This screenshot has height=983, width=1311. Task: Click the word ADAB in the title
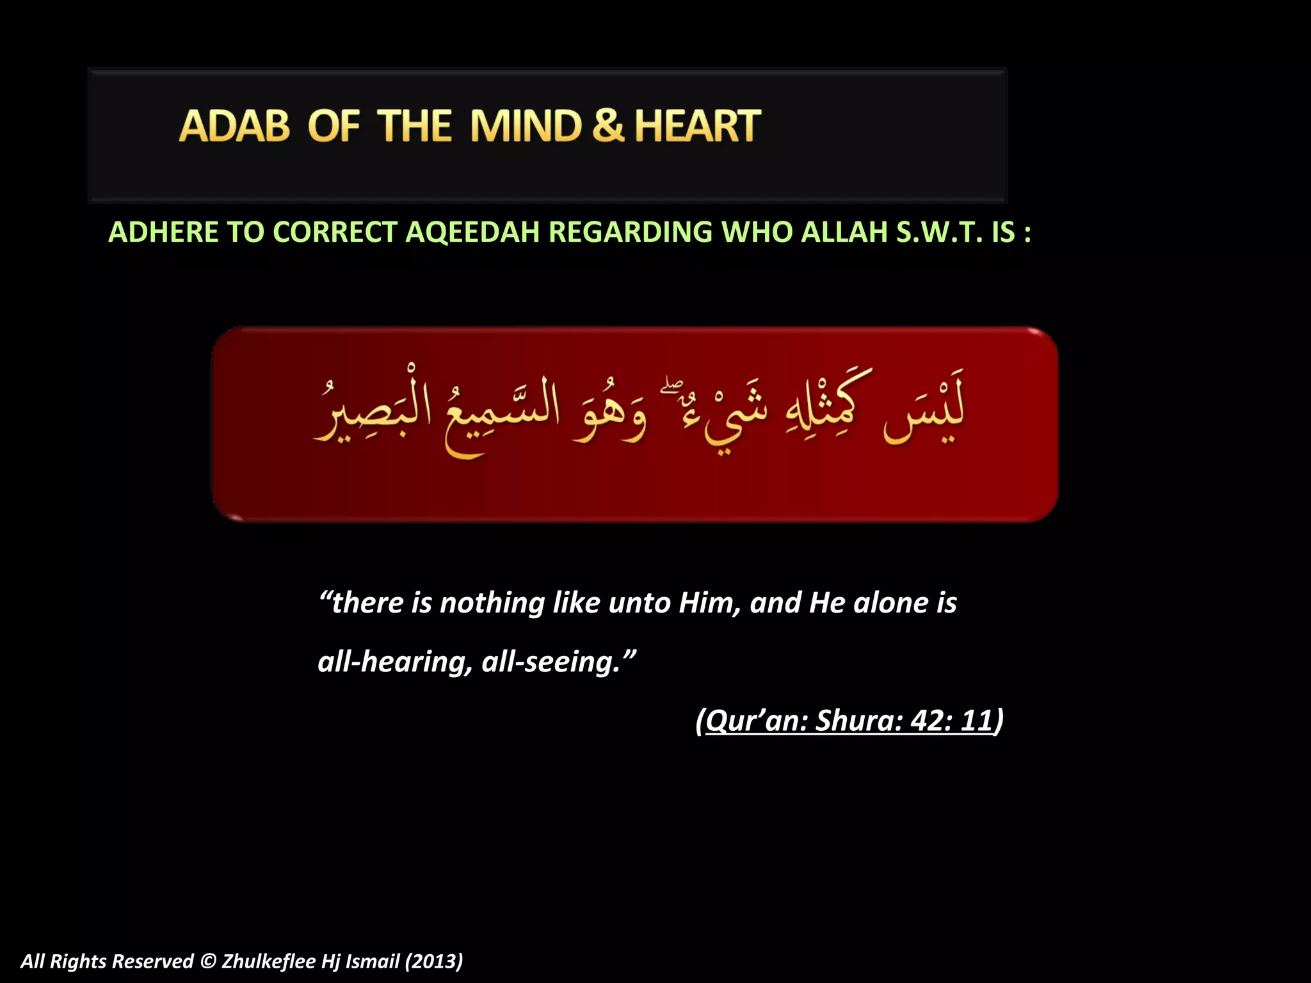[234, 125]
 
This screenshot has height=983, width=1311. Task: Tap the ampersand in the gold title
[607, 125]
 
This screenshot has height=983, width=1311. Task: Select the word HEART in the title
[698, 125]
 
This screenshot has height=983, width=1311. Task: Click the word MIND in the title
[526, 125]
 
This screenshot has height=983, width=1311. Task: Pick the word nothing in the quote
[492, 603]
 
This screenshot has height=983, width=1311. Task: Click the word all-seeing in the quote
[551, 662]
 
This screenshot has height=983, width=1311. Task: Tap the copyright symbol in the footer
[207, 961]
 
